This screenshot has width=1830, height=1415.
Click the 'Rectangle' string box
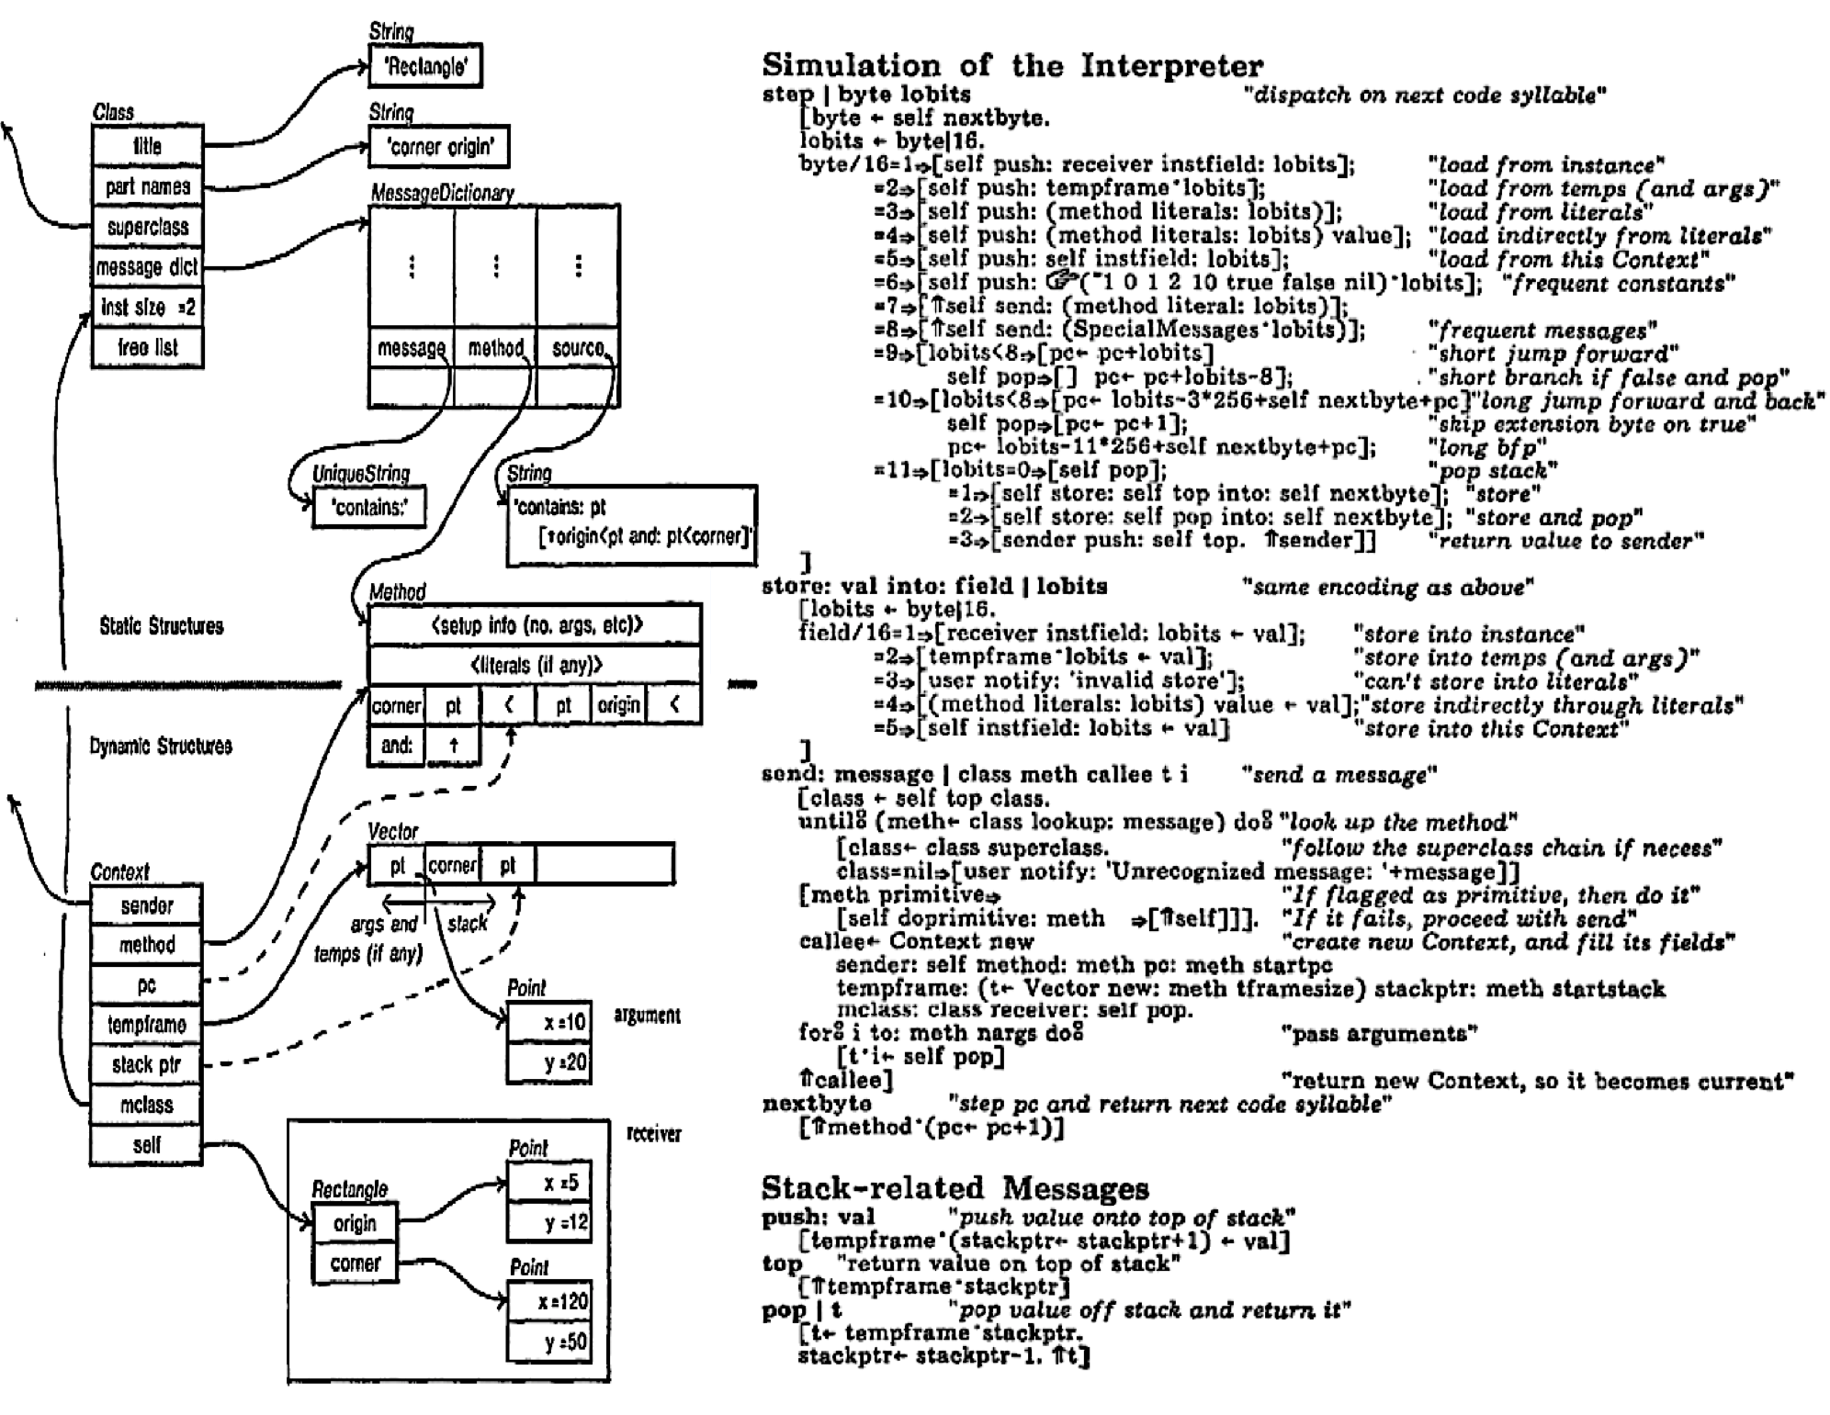pos(425,66)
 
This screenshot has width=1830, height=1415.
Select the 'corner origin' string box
pos(439,147)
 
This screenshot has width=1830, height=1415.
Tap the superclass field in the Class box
pos(147,227)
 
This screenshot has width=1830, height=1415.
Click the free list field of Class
pos(147,347)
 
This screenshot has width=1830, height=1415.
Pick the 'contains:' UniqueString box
pos(369,507)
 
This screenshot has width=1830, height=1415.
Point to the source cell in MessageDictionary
pos(578,348)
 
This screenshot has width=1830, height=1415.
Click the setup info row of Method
pos(535,625)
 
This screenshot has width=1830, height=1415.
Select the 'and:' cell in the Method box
pos(396,745)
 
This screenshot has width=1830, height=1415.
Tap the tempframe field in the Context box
pos(146,1025)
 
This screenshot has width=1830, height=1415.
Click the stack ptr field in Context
pos(146,1065)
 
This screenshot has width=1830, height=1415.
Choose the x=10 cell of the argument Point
pos(548,1022)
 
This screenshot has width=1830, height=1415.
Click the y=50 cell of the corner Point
pos(548,1342)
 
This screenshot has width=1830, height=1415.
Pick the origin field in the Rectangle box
pos(355,1223)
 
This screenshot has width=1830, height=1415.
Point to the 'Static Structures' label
pos(161,626)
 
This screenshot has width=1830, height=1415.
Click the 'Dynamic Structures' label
pos(161,746)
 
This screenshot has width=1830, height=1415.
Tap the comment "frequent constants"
pos(1618,283)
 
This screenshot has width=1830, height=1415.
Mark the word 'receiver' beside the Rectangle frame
pos(653,1134)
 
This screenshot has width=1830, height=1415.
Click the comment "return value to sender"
pos(1565,540)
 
